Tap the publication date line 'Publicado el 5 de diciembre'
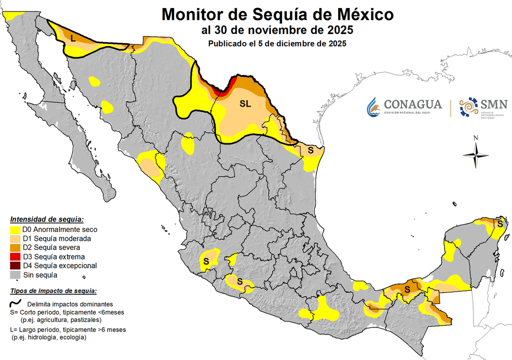(x=277, y=43)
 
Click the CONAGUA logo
(x=404, y=106)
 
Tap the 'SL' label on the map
(x=245, y=104)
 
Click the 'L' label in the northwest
(x=73, y=38)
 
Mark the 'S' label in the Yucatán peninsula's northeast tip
(x=499, y=224)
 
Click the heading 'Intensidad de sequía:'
(x=47, y=219)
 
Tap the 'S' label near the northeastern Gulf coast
(x=310, y=149)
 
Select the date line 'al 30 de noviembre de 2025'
(x=277, y=29)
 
